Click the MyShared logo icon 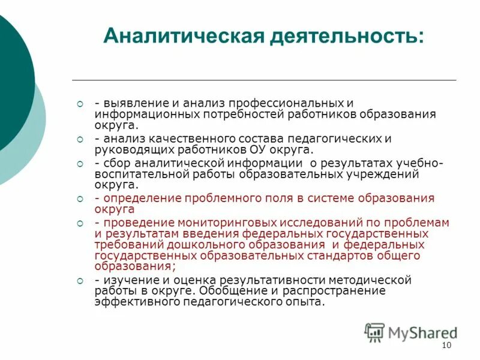(x=374, y=332)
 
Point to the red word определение (x=137, y=198)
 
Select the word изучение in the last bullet (x=128, y=280)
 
